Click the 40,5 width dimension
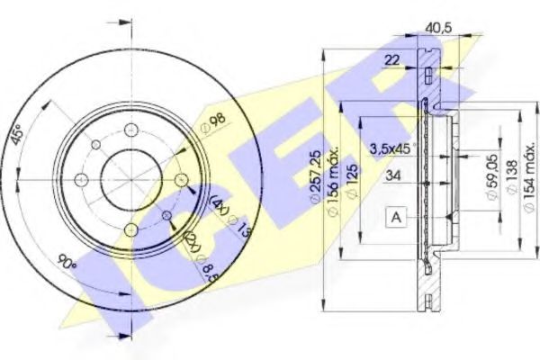(x=436, y=28)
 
